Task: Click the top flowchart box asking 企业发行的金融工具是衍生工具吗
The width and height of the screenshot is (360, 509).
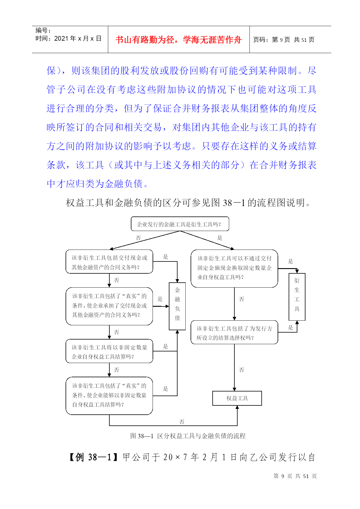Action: (x=180, y=224)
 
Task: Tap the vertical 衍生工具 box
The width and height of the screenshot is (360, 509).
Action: (x=297, y=297)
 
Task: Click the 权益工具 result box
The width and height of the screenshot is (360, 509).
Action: (x=237, y=398)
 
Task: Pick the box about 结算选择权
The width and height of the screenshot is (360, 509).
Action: (x=234, y=333)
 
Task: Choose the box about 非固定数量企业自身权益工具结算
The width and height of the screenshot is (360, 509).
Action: (x=109, y=351)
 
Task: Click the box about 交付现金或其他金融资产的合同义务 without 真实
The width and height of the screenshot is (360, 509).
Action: (x=109, y=262)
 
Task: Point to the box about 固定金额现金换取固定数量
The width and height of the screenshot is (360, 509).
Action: (x=234, y=268)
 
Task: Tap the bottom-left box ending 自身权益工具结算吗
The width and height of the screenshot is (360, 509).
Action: (x=109, y=396)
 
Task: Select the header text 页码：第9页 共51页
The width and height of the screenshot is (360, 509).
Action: (x=284, y=40)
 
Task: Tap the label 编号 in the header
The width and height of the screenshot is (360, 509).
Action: (x=41, y=30)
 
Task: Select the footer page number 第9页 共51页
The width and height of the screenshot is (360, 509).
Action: (x=295, y=476)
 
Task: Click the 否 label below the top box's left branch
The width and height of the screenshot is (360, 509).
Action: (x=138, y=238)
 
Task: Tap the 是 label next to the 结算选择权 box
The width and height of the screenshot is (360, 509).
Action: (x=290, y=328)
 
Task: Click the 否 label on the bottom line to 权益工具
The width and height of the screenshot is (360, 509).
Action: (x=182, y=422)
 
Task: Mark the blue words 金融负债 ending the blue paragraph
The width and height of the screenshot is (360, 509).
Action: (x=123, y=184)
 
